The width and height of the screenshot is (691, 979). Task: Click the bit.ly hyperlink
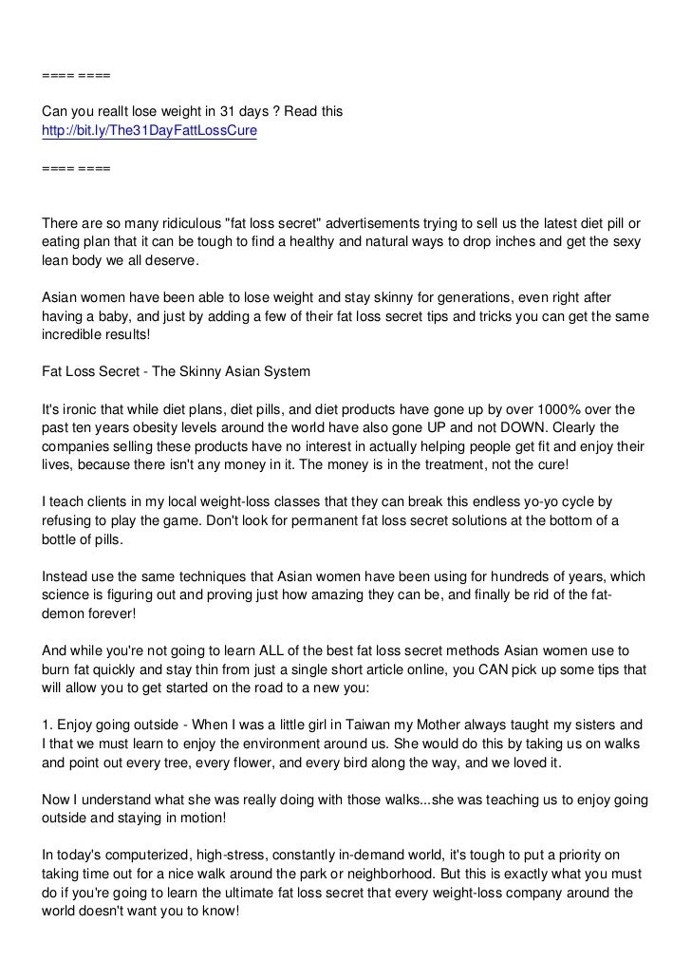click(149, 130)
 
